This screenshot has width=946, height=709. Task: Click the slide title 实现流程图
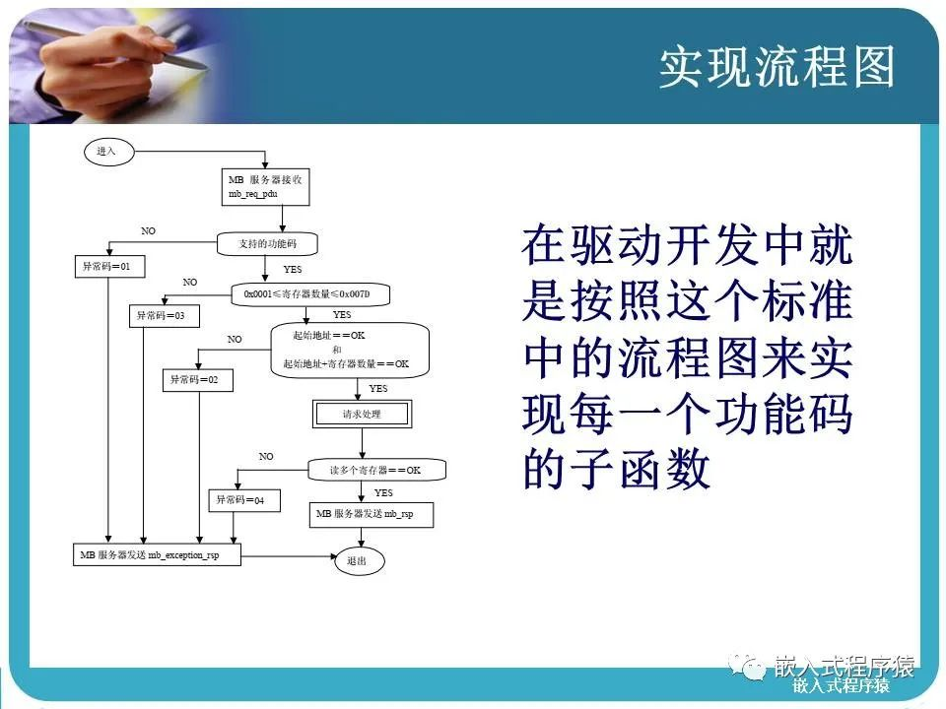[777, 68]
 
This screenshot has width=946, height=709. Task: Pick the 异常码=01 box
[106, 267]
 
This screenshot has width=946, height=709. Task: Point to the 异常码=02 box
[197, 380]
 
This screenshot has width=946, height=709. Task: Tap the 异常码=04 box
[239, 500]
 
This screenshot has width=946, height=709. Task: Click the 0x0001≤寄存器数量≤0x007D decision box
[312, 293]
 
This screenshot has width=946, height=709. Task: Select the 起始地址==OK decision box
[351, 350]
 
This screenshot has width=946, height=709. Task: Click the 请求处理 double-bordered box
[362, 415]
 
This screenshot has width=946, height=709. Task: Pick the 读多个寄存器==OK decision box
[375, 470]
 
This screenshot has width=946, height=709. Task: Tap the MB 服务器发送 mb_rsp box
[372, 514]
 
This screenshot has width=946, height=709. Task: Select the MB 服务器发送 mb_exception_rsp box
[158, 555]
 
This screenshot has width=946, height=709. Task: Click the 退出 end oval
[357, 560]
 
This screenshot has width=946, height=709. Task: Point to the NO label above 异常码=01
[148, 230]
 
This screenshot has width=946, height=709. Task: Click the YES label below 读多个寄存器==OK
[383, 492]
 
